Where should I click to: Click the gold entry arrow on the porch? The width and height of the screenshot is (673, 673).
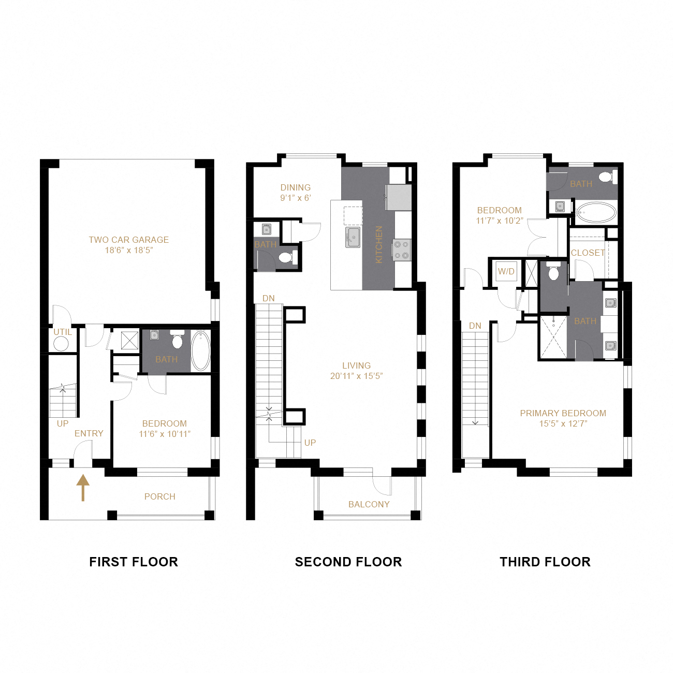[83, 488]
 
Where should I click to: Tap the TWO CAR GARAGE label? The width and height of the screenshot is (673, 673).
[128, 240]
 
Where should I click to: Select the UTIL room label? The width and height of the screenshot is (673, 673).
[63, 332]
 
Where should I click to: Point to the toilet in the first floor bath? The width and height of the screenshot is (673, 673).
[178, 341]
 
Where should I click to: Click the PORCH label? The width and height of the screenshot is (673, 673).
[159, 496]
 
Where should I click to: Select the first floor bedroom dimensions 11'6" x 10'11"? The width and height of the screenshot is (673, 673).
[165, 434]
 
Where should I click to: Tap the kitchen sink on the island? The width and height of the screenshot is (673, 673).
[353, 237]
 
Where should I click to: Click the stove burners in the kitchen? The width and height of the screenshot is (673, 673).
[402, 250]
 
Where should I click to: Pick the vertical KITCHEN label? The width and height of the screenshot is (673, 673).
[378, 244]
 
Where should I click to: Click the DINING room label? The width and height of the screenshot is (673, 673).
[296, 187]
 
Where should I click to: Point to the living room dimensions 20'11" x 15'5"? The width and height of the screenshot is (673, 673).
[356, 376]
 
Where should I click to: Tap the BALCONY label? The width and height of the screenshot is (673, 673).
[369, 504]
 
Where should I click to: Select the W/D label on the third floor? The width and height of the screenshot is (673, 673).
[506, 271]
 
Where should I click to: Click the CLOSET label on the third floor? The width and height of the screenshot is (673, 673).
[588, 253]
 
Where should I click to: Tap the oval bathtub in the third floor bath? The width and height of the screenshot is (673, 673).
[596, 212]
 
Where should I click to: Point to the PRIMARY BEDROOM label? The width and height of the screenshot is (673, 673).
[563, 413]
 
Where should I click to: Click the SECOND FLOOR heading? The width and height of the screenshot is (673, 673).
[348, 562]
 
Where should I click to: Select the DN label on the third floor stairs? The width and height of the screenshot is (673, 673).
[475, 326]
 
